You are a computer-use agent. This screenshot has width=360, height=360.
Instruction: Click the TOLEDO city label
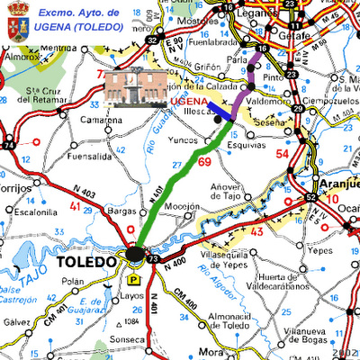86,262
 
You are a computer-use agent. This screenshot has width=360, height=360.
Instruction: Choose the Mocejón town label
182,206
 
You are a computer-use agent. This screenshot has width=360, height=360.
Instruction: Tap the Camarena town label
100,120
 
